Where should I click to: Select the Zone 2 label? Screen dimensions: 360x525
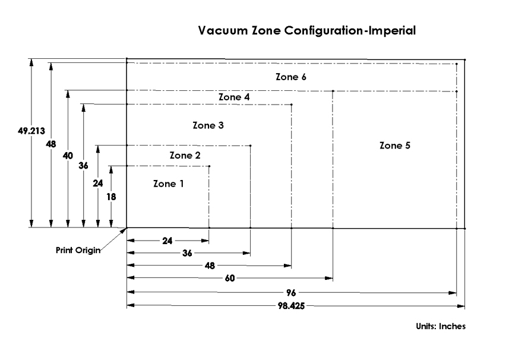(185, 155)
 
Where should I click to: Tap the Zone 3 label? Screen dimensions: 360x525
(208, 126)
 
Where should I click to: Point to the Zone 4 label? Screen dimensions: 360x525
(234, 97)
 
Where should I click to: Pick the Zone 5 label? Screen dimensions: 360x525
(395, 146)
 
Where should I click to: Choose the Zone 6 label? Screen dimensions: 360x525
(291, 77)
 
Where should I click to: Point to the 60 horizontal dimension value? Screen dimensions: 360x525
(229, 278)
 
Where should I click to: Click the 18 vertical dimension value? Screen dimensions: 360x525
(111, 196)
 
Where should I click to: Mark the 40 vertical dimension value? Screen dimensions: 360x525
(68, 156)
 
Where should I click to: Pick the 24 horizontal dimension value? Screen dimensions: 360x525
(167, 241)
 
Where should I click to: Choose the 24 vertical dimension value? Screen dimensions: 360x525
(97, 184)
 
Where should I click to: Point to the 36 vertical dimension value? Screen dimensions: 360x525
(83, 166)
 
